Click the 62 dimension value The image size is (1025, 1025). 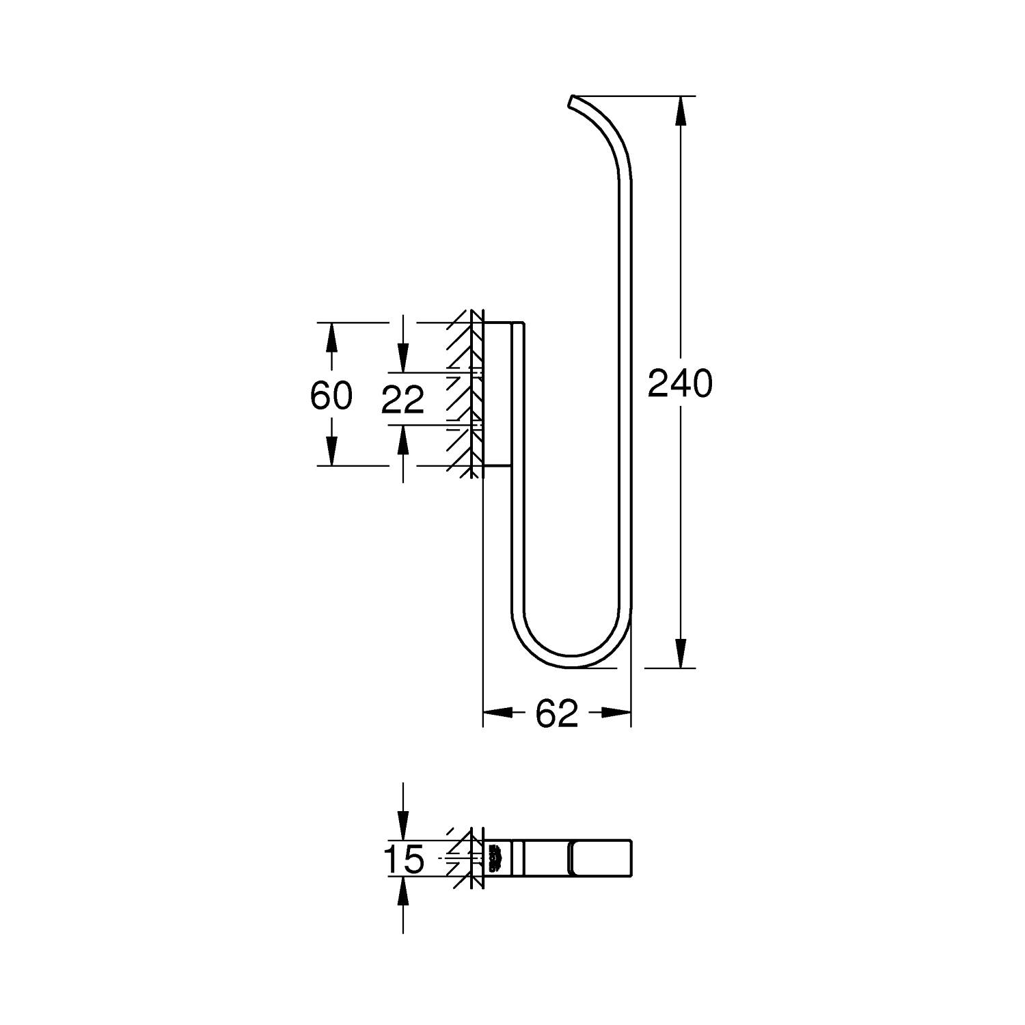(x=556, y=714)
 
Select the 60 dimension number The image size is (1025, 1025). (x=331, y=395)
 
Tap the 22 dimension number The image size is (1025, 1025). (x=402, y=400)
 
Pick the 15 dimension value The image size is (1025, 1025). (x=403, y=859)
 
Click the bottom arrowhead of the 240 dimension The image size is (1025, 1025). (x=680, y=653)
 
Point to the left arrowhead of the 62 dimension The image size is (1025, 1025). (x=497, y=713)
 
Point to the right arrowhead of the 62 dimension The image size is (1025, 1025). (x=616, y=713)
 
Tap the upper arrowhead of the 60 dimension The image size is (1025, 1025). (x=331, y=337)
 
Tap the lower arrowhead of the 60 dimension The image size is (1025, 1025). (x=331, y=451)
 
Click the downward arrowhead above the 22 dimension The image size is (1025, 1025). (x=403, y=359)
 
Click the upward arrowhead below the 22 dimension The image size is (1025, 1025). (x=403, y=439)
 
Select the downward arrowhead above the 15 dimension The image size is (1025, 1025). (x=403, y=826)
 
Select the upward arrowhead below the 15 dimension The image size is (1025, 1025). (x=403, y=892)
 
